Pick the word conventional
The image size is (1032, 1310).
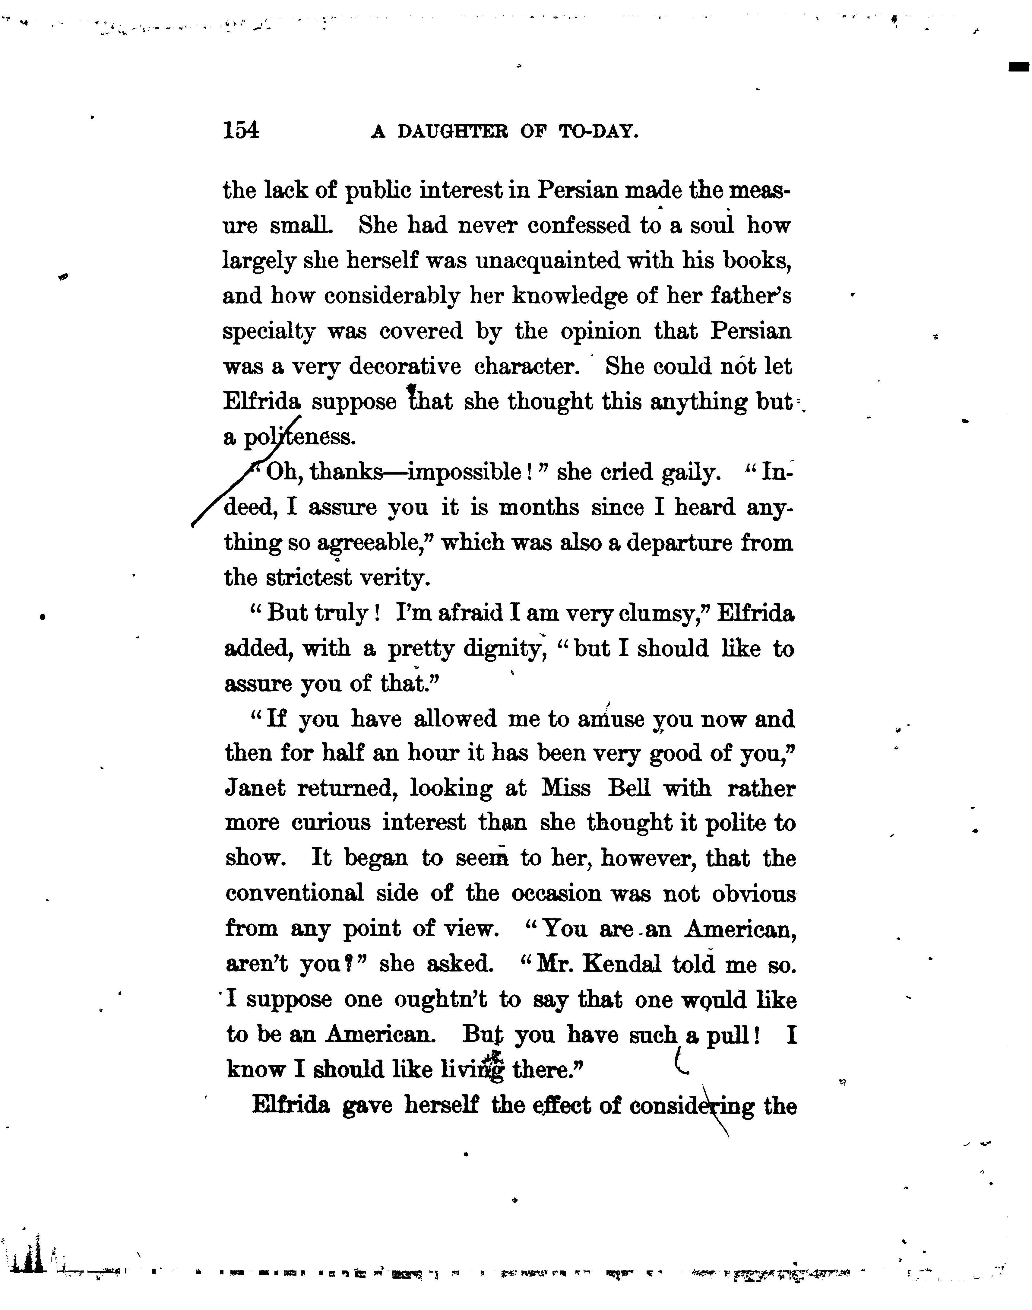click(295, 893)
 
